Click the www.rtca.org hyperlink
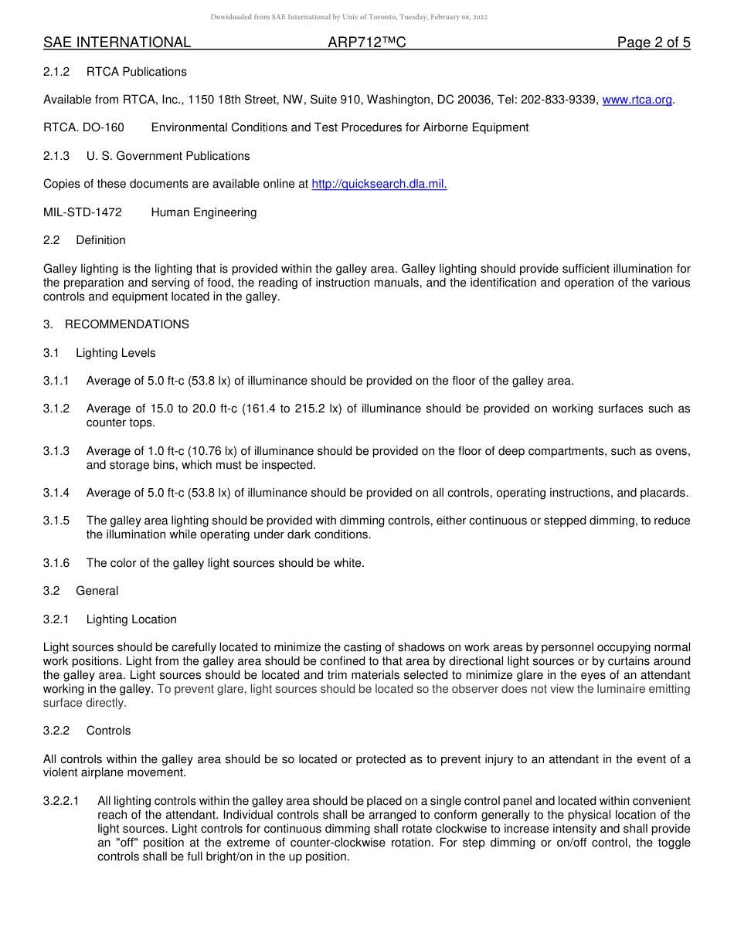[637, 100]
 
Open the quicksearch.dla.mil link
[379, 184]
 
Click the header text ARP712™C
[367, 42]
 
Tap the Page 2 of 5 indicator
[653, 42]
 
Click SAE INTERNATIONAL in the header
[117, 42]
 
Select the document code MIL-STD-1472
[83, 212]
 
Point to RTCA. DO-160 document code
[83, 127]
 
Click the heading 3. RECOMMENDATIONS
[116, 324]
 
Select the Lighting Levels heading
[116, 353]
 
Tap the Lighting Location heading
[131, 619]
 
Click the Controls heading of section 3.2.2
[108, 731]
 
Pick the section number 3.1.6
[56, 563]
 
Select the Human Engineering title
[204, 212]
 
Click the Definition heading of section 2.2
[100, 240]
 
